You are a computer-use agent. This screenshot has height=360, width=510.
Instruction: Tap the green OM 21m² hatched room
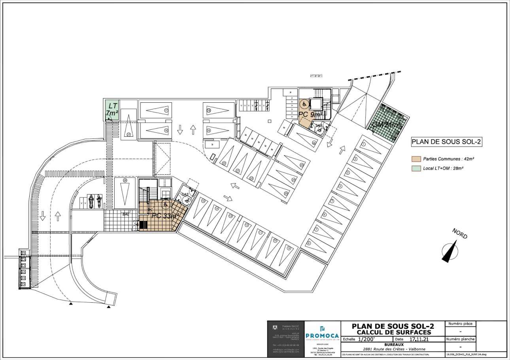click(x=386, y=123)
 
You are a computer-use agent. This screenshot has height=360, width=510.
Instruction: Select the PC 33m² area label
click(x=166, y=216)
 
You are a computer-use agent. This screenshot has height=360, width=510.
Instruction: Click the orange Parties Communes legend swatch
click(x=416, y=159)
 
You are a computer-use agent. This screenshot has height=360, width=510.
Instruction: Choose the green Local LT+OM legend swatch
click(x=416, y=168)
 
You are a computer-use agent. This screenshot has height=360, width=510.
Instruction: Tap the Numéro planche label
click(x=460, y=339)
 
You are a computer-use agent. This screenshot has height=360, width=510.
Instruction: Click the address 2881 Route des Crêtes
click(x=393, y=349)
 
